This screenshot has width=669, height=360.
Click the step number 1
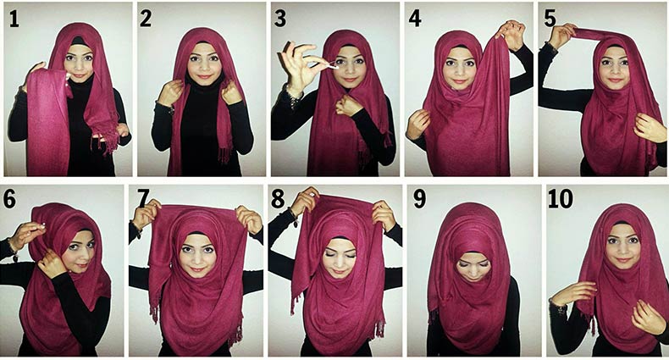point(14,19)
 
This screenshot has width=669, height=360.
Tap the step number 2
point(146,19)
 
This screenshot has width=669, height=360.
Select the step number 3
point(280,19)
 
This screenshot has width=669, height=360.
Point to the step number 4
point(415,19)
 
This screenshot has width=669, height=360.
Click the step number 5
point(550,19)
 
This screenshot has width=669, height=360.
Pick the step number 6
point(9,199)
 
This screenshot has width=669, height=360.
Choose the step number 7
point(143,199)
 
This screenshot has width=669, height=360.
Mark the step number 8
point(278,199)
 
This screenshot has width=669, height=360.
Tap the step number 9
point(419,199)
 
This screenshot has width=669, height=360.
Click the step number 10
point(561,199)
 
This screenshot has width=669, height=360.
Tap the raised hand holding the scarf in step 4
point(510,34)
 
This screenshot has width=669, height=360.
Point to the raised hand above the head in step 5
point(561,35)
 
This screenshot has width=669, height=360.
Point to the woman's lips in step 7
point(197,269)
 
